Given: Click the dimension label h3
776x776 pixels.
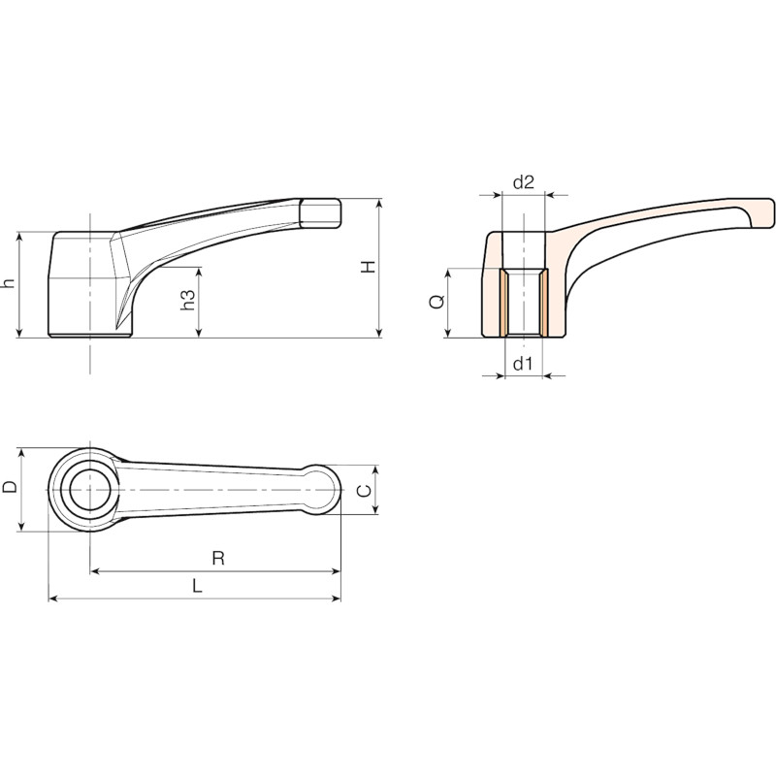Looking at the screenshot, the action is point(187,300).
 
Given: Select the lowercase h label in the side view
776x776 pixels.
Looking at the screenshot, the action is point(9,283).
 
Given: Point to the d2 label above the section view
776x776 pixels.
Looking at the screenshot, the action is point(524,182).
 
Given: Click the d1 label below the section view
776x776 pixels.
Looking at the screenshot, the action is point(523,364).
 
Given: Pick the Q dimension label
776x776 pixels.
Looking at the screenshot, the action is point(437,301).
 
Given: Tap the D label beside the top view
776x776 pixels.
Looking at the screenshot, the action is point(10,487).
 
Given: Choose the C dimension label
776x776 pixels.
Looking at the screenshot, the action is point(365,491).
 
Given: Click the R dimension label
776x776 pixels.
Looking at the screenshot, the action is point(218,559).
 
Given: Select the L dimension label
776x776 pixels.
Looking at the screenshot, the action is point(198,587).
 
